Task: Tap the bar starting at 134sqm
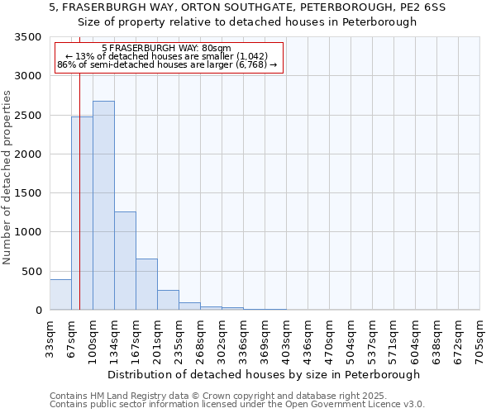pos(125,260)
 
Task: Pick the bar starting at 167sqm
pos(146,284)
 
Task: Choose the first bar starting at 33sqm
pos(60,295)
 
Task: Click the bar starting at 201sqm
pos(168,300)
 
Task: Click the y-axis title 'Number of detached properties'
pos(8,178)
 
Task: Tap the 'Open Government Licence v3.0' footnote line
pos(237,405)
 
